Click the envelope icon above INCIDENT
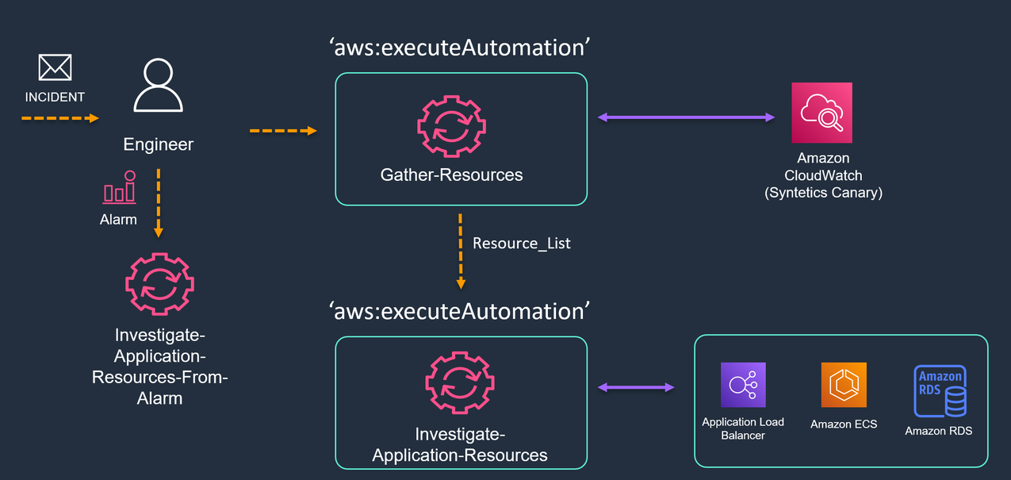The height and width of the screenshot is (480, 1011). point(55,67)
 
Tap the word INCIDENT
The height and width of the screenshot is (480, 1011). point(55,97)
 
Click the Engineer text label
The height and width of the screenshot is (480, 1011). point(158,144)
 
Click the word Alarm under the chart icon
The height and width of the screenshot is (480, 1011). point(118,220)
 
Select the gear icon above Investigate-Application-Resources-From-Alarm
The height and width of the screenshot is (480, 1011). point(159,282)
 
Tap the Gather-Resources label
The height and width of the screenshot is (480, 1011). point(451,175)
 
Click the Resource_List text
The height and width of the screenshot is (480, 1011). point(521,244)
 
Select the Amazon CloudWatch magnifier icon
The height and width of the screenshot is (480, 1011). point(821,113)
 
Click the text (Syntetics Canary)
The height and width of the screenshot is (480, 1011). point(823,193)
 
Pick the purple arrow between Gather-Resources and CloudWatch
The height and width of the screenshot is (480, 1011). point(686,117)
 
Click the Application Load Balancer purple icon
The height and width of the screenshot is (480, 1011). point(743,385)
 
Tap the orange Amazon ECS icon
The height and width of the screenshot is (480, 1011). point(844,385)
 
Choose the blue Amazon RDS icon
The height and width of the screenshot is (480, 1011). point(940,391)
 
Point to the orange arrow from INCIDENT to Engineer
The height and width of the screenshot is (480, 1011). point(59,118)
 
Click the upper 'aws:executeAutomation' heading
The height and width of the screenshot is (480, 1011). point(460,48)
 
